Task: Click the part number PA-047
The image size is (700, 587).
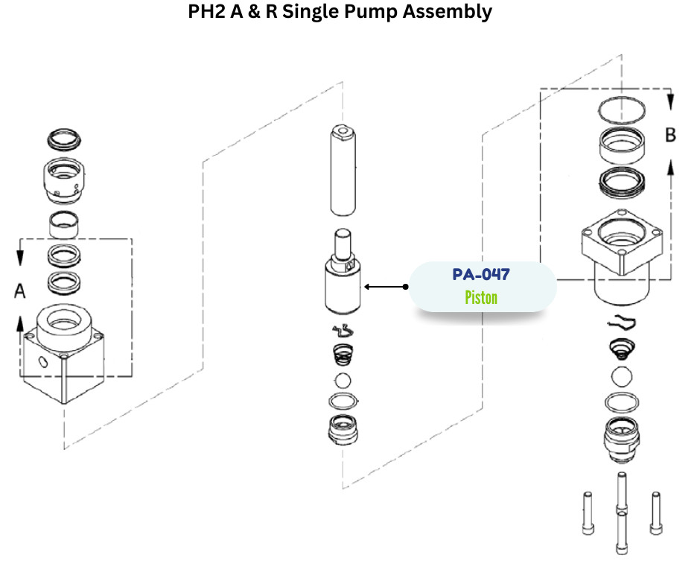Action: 481,274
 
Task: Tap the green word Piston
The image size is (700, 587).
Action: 481,297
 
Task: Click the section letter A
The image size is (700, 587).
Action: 21,291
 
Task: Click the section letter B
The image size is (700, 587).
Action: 670,135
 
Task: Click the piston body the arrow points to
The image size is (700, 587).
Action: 343,286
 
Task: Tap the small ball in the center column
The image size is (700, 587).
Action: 343,380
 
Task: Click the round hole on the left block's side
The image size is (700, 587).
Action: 41,364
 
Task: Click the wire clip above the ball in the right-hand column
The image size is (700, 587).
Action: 622,322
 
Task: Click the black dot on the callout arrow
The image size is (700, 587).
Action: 406,286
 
